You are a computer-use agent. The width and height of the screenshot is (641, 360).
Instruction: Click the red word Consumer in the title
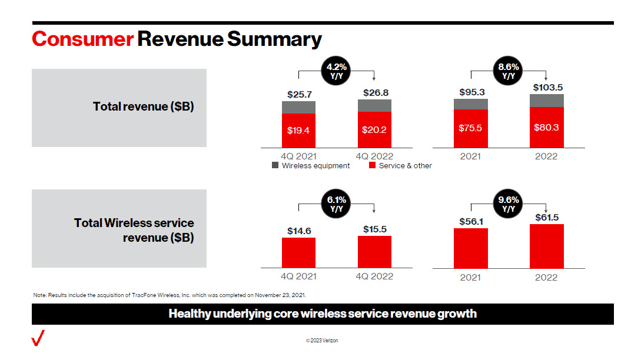tap(82, 39)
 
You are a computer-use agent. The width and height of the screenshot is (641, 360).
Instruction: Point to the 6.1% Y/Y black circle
tap(337, 204)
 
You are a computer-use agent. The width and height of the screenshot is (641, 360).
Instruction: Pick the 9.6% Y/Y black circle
tap(509, 204)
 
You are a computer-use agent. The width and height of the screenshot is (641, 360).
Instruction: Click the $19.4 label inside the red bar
tap(298, 131)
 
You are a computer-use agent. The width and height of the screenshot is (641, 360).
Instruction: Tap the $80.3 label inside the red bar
tap(547, 128)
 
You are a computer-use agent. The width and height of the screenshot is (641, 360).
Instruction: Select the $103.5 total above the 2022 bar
tap(547, 87)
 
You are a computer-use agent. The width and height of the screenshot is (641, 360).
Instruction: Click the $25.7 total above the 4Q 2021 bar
tap(298, 94)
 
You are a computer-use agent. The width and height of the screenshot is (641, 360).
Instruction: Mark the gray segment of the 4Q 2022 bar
tap(374, 105)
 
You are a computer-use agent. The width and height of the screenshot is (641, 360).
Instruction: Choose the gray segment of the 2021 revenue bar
tap(470, 104)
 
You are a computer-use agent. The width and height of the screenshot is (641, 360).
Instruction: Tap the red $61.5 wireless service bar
tap(547, 246)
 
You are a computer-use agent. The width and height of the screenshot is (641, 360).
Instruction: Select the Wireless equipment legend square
tap(275, 166)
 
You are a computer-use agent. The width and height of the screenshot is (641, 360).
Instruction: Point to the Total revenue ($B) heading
tap(143, 107)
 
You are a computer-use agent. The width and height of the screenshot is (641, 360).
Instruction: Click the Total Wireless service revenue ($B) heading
tap(134, 231)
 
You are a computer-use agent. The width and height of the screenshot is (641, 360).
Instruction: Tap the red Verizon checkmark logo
tap(38, 339)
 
